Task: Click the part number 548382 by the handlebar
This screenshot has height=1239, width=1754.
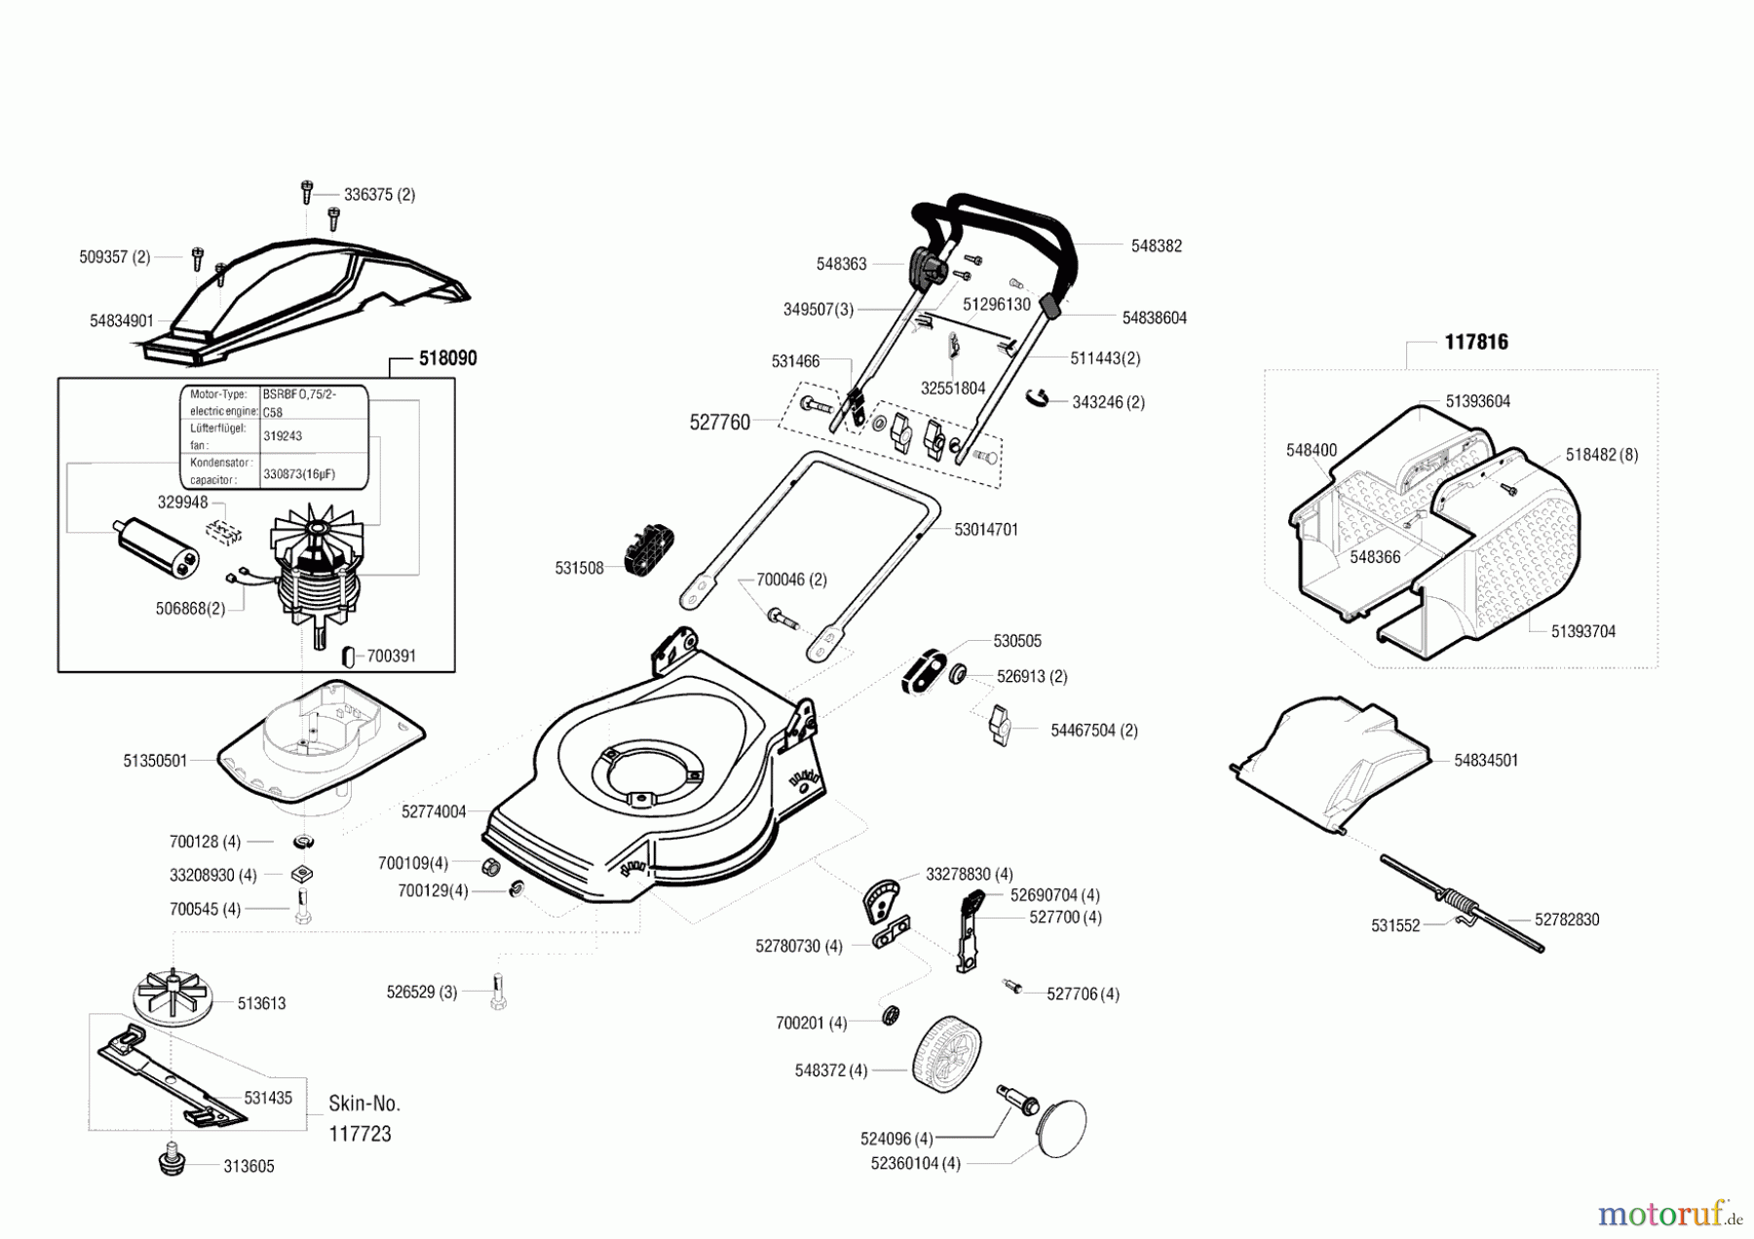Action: click(1156, 246)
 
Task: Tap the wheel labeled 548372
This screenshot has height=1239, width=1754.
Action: click(946, 1054)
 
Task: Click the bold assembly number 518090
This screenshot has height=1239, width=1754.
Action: click(447, 358)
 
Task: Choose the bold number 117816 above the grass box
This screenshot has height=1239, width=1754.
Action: click(1475, 342)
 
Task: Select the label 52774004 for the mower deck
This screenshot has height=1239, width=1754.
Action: click(434, 811)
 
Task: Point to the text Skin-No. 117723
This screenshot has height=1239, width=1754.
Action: click(363, 1118)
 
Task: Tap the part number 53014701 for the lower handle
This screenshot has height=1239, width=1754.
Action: click(985, 530)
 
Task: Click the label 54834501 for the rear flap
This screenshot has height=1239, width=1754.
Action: click(1485, 761)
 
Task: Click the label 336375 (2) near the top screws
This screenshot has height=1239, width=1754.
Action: click(379, 195)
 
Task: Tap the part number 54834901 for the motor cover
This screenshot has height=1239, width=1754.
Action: click(122, 320)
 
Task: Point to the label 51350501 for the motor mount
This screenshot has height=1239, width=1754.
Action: click(155, 761)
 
